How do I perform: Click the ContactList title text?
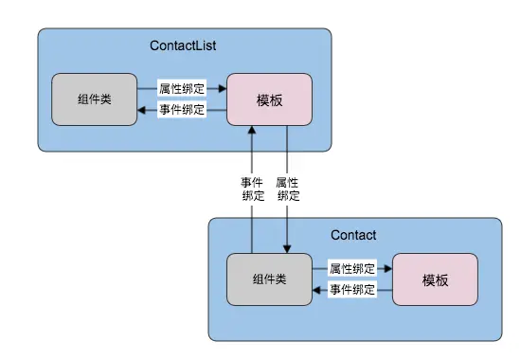pos(186,45)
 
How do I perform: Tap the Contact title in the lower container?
pos(353,235)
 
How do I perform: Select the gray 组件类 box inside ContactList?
pos(94,99)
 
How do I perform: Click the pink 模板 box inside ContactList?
pos(270,99)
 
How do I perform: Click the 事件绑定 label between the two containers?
pos(252,189)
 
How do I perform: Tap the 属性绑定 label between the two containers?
pos(287,189)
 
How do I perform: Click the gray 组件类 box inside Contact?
pos(270,279)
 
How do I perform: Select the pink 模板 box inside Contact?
pos(435,279)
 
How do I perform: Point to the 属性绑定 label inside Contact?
pos(352,269)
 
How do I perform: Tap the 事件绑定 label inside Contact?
pos(352,290)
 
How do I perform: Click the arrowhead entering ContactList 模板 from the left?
pos(223,88)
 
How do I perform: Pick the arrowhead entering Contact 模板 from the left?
pos(387,269)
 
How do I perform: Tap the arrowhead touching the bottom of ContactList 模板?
pos(252,131)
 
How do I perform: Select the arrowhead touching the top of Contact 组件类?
pos(287,249)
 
